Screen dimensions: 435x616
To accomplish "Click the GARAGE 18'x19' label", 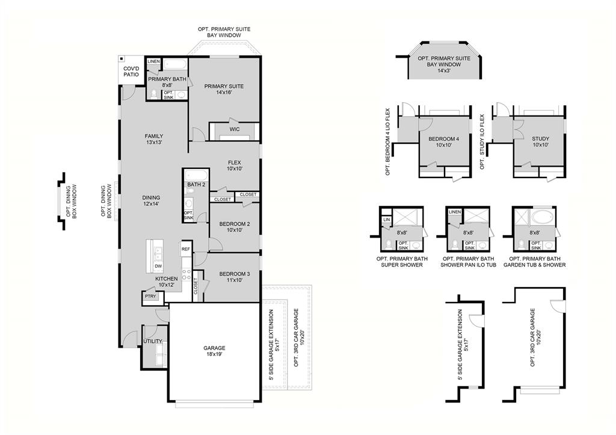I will [x=214, y=351].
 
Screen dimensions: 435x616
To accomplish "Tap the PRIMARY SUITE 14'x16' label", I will [x=224, y=89].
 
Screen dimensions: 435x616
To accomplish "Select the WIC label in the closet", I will [x=235, y=129].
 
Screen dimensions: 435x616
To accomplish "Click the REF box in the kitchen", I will [x=186, y=248].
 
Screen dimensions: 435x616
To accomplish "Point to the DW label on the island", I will [x=158, y=266].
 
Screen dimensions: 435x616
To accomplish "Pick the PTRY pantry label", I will [x=150, y=296].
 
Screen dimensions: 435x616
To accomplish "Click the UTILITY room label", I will [x=153, y=341].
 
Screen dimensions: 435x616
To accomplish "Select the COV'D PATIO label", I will [x=131, y=71].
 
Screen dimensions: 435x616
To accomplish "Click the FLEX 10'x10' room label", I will [x=235, y=165].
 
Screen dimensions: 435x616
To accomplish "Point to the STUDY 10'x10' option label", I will [x=540, y=142].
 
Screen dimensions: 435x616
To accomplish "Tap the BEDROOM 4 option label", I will [x=444, y=142].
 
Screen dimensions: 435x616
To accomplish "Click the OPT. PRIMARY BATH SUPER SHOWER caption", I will [x=399, y=262].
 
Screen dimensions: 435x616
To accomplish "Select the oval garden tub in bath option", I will [x=544, y=216].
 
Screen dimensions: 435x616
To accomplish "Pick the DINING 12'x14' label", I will [x=151, y=201].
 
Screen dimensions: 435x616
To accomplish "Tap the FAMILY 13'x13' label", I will [x=153, y=140].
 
